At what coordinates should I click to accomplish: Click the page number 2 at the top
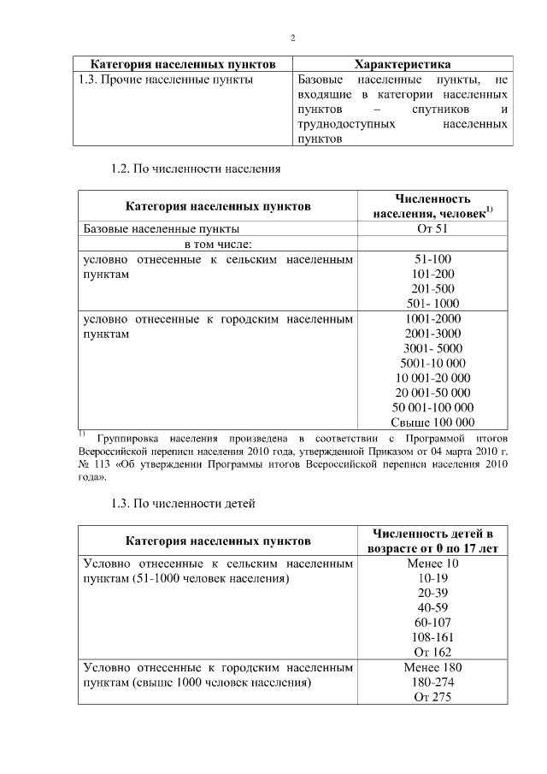coord(292,38)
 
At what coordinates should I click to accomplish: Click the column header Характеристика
coord(403,64)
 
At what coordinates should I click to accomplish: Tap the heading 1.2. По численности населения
coord(196,168)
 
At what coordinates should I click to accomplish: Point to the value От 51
coord(432,229)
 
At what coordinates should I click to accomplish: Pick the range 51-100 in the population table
coord(432,259)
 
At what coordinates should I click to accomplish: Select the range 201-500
coord(432,288)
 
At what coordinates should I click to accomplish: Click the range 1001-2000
coord(432,318)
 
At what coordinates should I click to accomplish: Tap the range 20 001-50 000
coord(432,393)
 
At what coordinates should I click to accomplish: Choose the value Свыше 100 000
coord(432,422)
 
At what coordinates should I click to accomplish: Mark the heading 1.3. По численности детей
coord(183,504)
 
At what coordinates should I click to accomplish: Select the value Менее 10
coord(432,564)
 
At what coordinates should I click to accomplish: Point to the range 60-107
coord(432,623)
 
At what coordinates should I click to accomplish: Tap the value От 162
coord(432,652)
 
